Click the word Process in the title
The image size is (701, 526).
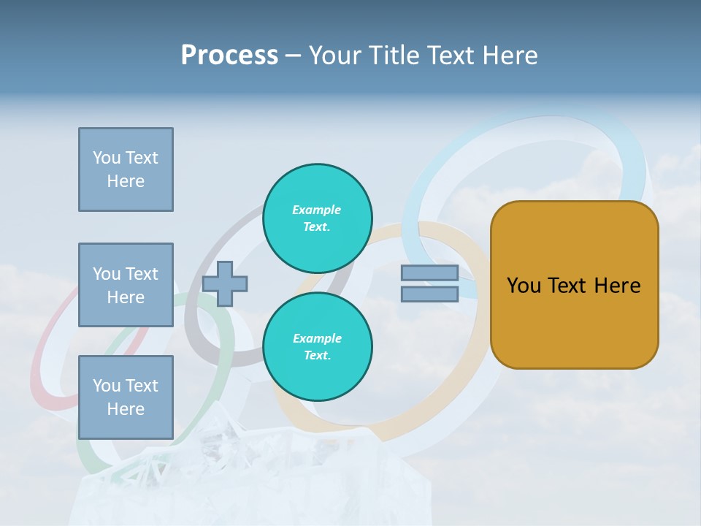(x=229, y=56)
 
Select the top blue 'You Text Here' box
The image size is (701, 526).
(x=126, y=169)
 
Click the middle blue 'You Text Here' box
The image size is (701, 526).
(x=126, y=285)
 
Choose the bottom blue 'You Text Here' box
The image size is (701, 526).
(x=126, y=397)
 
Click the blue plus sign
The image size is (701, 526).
(x=225, y=283)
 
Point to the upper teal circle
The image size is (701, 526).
(x=317, y=218)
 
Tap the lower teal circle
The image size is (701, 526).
(x=317, y=347)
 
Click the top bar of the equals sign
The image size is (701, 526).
(x=429, y=273)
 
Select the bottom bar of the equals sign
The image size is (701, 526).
(x=429, y=294)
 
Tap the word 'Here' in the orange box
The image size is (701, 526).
(x=617, y=286)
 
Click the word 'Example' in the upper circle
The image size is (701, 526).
(x=316, y=210)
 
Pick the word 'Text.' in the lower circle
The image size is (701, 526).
(x=317, y=355)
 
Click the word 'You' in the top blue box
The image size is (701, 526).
(x=106, y=158)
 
